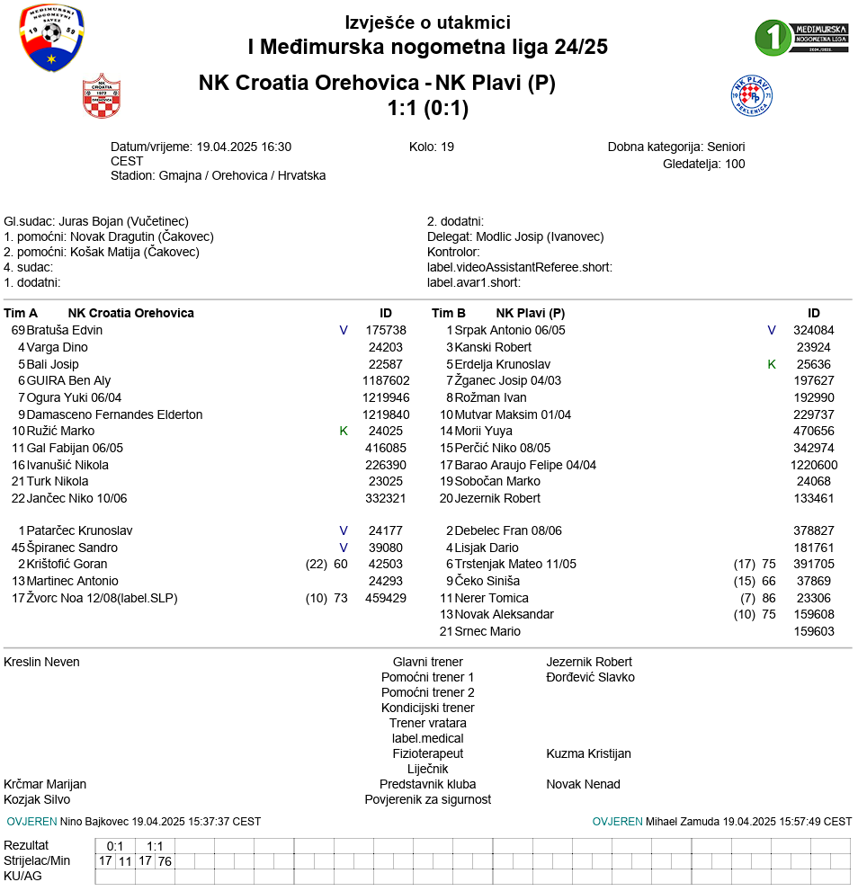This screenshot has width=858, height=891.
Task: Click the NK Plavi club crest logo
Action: (x=752, y=96)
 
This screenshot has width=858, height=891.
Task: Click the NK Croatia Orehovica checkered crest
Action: (x=101, y=96)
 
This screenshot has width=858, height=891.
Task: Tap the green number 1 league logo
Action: (x=771, y=37)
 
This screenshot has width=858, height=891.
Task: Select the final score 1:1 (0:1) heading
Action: (x=428, y=109)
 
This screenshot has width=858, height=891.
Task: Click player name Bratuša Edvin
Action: (x=65, y=330)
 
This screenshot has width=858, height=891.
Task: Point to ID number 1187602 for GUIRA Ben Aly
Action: (x=386, y=380)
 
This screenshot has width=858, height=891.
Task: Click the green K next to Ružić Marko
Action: (x=344, y=431)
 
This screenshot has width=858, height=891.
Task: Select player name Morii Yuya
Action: (x=483, y=431)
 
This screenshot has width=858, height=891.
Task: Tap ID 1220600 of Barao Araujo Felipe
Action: (x=814, y=465)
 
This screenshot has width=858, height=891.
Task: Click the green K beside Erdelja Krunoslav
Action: (x=772, y=364)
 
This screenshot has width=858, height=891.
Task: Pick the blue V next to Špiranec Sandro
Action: (x=344, y=548)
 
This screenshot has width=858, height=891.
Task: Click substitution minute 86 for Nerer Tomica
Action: (x=769, y=598)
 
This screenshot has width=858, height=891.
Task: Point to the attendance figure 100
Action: (x=735, y=164)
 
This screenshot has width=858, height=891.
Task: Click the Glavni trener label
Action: (x=428, y=662)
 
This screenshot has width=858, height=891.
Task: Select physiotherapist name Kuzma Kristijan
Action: (x=588, y=753)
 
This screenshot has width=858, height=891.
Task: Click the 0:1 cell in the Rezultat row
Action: (x=115, y=846)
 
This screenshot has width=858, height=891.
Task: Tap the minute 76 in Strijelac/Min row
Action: (x=165, y=861)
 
